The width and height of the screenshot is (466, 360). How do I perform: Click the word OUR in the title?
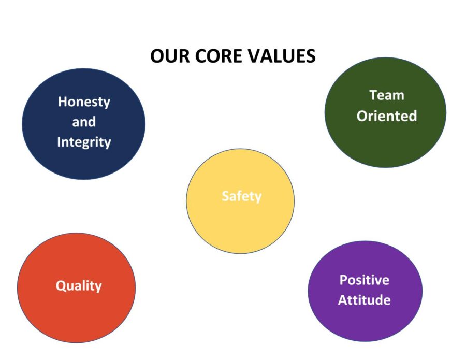[x=170, y=56]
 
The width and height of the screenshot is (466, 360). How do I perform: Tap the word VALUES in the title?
[x=282, y=56]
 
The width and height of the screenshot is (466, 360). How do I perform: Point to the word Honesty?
[x=84, y=102]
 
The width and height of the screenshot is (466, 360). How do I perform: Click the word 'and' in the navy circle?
[x=84, y=122]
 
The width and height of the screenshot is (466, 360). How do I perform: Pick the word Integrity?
[x=84, y=142]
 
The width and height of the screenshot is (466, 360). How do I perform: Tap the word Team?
[x=387, y=95]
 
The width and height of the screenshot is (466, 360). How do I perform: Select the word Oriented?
[x=387, y=116]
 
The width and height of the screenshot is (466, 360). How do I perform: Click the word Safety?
[x=242, y=197]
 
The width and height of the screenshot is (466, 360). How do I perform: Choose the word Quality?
[x=79, y=286]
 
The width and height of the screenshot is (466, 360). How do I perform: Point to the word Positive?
[x=365, y=280]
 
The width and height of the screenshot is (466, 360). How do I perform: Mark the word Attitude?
[x=365, y=300]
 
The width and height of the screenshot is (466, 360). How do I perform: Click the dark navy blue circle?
[x=83, y=124]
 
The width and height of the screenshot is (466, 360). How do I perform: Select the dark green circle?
[x=385, y=112]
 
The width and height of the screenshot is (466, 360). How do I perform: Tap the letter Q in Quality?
[x=61, y=286]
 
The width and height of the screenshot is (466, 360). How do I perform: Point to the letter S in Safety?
[x=226, y=196]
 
